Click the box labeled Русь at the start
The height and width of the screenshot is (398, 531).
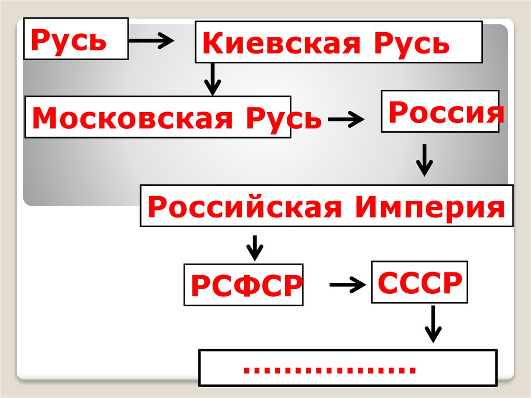[x=76, y=38]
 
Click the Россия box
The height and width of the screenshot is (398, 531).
[x=440, y=111]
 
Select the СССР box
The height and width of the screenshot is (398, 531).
[x=419, y=282]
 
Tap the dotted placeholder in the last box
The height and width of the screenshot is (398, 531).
[x=330, y=369]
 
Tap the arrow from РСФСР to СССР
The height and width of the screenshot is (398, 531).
[x=347, y=284]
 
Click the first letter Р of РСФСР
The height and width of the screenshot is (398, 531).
[x=200, y=286]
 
